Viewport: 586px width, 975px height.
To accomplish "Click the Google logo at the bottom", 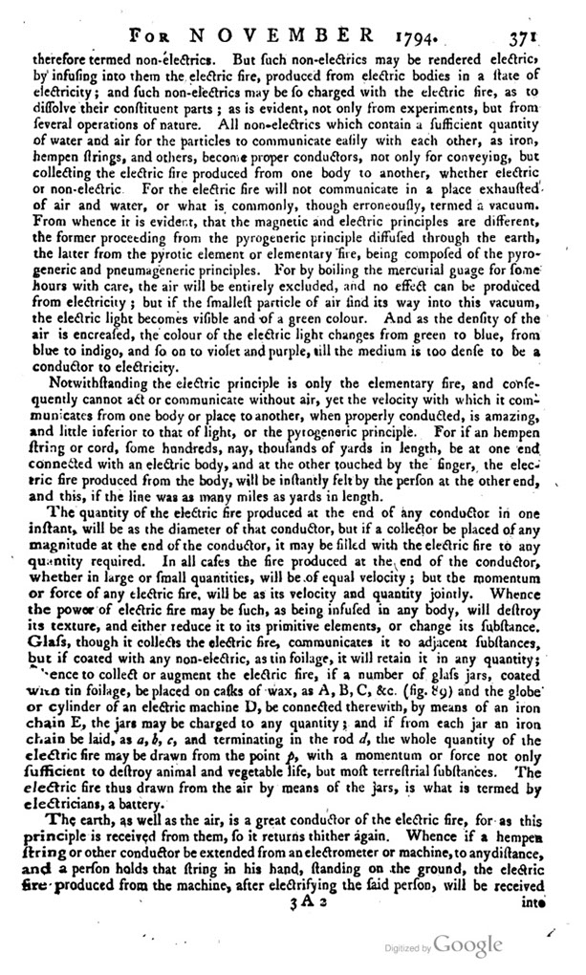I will [467, 945].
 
